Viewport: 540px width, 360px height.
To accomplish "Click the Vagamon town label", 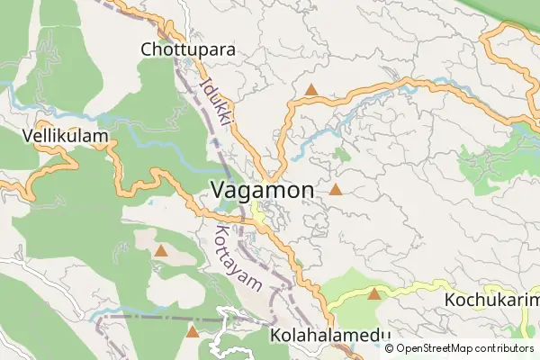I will pyautogui.click(x=262, y=190).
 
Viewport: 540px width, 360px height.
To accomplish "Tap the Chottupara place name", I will pyautogui.click(x=188, y=49).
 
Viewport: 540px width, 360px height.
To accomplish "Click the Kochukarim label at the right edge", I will pyautogui.click(x=491, y=299).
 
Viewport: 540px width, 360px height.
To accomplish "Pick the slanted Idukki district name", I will pyautogui.click(x=217, y=101).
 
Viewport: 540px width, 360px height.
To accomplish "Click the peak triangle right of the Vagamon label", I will pyautogui.click(x=336, y=190).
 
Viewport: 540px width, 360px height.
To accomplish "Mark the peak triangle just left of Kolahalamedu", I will pyautogui.click(x=192, y=332).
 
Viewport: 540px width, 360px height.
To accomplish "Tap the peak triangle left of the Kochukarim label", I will pyautogui.click(x=374, y=293).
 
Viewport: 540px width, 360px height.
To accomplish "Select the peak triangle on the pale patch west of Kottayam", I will pyautogui.click(x=160, y=251).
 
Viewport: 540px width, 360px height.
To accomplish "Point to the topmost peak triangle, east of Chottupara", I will pyautogui.click(x=311, y=90).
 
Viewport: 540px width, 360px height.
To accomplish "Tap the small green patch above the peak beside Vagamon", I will pyautogui.click(x=341, y=154).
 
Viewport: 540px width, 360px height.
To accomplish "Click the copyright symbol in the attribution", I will pyautogui.click(x=390, y=348).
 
